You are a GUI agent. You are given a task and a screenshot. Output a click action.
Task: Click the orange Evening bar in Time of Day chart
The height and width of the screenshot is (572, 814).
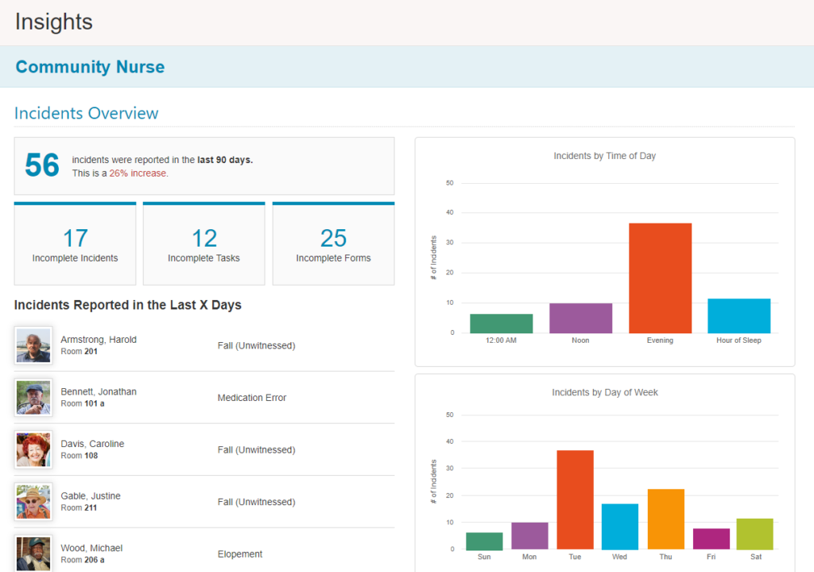(660, 278)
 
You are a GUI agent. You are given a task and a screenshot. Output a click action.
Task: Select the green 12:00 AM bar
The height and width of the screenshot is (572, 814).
(501, 324)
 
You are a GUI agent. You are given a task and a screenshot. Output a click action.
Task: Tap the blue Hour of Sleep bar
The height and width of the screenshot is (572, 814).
(738, 316)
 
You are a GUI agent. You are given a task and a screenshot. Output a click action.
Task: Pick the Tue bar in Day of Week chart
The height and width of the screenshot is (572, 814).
(575, 500)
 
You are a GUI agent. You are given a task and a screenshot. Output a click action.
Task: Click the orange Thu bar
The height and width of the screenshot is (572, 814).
(665, 519)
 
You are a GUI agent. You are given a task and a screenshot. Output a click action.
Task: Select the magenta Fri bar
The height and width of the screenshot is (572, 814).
(711, 539)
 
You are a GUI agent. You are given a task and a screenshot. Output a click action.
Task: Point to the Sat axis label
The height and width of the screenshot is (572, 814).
(755, 557)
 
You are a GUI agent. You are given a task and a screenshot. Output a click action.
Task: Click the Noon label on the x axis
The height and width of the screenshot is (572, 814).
(580, 340)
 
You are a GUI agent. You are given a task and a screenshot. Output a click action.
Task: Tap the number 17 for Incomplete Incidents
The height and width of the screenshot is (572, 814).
(75, 238)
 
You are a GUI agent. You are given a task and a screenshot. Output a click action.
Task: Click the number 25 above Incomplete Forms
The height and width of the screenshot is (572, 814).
(333, 238)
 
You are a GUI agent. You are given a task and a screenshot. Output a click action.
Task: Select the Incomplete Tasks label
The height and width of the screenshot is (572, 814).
(203, 258)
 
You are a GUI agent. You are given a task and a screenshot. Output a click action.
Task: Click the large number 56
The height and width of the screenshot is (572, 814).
(42, 165)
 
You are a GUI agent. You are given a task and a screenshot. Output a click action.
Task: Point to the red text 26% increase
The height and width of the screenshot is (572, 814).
(138, 173)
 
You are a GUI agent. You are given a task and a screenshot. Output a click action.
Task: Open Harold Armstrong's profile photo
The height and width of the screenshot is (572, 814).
(33, 345)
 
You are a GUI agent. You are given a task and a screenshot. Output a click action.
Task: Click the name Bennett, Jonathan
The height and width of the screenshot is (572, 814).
(99, 391)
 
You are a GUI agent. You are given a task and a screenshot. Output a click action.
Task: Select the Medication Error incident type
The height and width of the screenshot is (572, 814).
(252, 398)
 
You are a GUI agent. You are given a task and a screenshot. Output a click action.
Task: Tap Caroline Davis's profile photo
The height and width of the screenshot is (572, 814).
(33, 449)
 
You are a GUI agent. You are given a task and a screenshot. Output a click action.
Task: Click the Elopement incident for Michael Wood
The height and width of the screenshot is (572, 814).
(240, 554)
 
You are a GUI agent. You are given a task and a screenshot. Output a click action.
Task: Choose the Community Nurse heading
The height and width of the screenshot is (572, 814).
(90, 67)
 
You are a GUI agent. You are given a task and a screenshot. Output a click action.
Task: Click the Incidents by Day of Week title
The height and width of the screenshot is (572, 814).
(605, 392)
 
